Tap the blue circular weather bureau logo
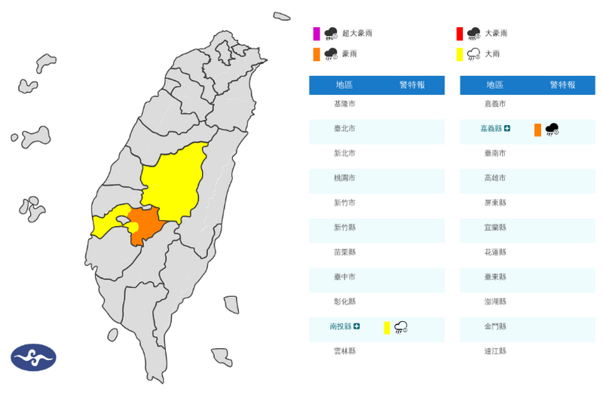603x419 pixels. point(33,357)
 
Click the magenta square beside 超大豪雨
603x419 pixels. point(317,34)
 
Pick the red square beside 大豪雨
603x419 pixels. point(458,34)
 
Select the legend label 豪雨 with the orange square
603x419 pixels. point(348,54)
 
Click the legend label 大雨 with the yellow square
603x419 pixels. point(491,54)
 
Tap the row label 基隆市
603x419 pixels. point(344,104)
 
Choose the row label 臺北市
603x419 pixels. point(344,129)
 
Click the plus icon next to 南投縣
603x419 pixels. point(357,326)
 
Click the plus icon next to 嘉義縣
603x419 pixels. point(507,129)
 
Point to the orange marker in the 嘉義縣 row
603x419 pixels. point(537,130)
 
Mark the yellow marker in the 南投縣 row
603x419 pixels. point(387,327)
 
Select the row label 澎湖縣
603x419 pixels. point(494,301)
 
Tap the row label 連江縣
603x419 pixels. point(494,351)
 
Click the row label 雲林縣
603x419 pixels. point(344,351)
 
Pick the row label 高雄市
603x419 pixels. point(494,178)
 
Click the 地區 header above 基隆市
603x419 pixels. point(344,85)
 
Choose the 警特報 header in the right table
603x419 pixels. point(562,85)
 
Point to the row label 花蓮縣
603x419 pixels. point(494,252)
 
